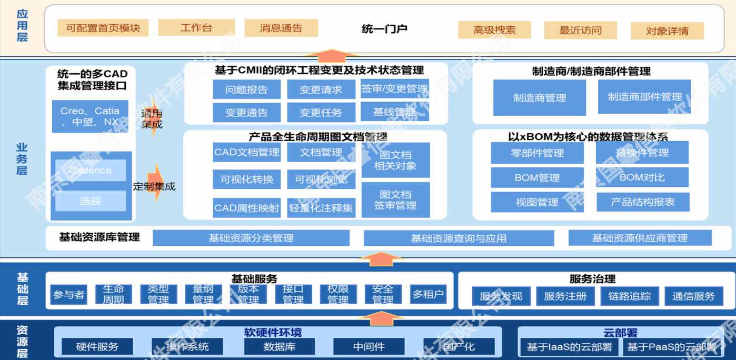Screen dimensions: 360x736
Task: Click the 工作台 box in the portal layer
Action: [x=196, y=28]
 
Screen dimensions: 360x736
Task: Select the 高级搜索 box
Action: [x=494, y=30]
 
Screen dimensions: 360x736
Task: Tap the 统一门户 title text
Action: [x=384, y=29]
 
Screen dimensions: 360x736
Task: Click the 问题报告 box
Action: [x=246, y=89]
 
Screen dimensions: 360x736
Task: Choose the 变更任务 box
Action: [x=321, y=112]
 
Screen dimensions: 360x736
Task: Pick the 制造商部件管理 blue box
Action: [x=644, y=97]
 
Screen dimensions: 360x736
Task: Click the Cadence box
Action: [x=91, y=171]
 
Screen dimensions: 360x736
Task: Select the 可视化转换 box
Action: [x=246, y=179]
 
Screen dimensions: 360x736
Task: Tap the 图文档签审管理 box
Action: [x=395, y=200]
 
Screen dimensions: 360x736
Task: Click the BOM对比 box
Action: [x=642, y=177]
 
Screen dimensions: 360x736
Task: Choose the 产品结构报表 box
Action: [x=642, y=202]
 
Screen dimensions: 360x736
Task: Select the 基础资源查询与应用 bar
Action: [x=459, y=238]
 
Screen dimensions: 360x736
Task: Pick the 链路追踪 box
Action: [x=629, y=296]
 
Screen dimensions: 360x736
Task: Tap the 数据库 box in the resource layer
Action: [x=279, y=347]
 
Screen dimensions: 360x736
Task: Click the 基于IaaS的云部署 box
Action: [x=569, y=347]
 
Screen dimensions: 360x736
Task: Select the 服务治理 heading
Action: [x=592, y=279]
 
